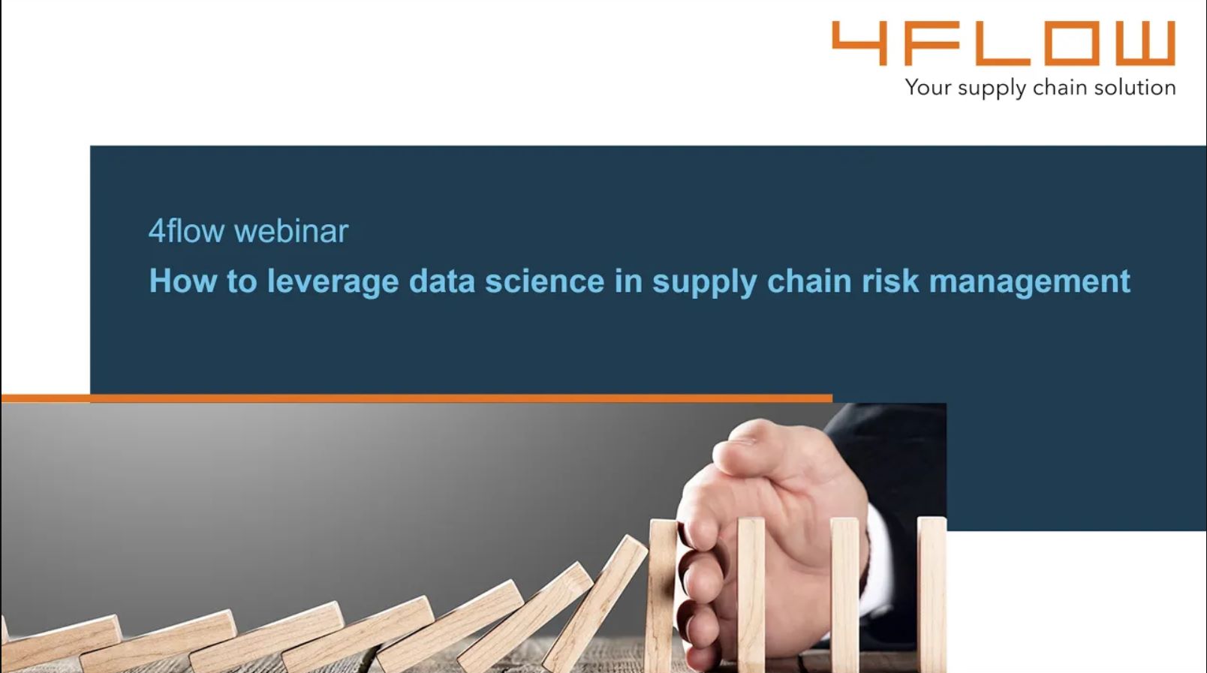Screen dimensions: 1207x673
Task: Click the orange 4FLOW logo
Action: tap(1004, 43)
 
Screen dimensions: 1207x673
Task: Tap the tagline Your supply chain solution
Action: tap(1040, 88)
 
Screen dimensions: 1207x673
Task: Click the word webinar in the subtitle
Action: tap(291, 231)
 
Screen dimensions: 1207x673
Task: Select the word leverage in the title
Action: tap(333, 281)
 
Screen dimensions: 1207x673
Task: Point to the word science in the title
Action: tap(544, 281)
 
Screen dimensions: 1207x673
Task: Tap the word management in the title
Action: tap(1030, 281)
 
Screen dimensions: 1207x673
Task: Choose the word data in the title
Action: tap(442, 281)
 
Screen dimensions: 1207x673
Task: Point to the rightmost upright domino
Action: tap(932, 594)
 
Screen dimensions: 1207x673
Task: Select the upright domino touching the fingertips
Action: tap(663, 595)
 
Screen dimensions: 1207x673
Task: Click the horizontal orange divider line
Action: tap(417, 398)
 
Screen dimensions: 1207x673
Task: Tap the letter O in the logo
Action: tap(1070, 43)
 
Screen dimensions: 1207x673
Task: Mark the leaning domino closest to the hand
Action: tap(595, 603)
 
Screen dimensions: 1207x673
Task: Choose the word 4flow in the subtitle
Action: tap(186, 231)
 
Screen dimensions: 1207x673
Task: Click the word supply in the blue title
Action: tap(704, 281)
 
